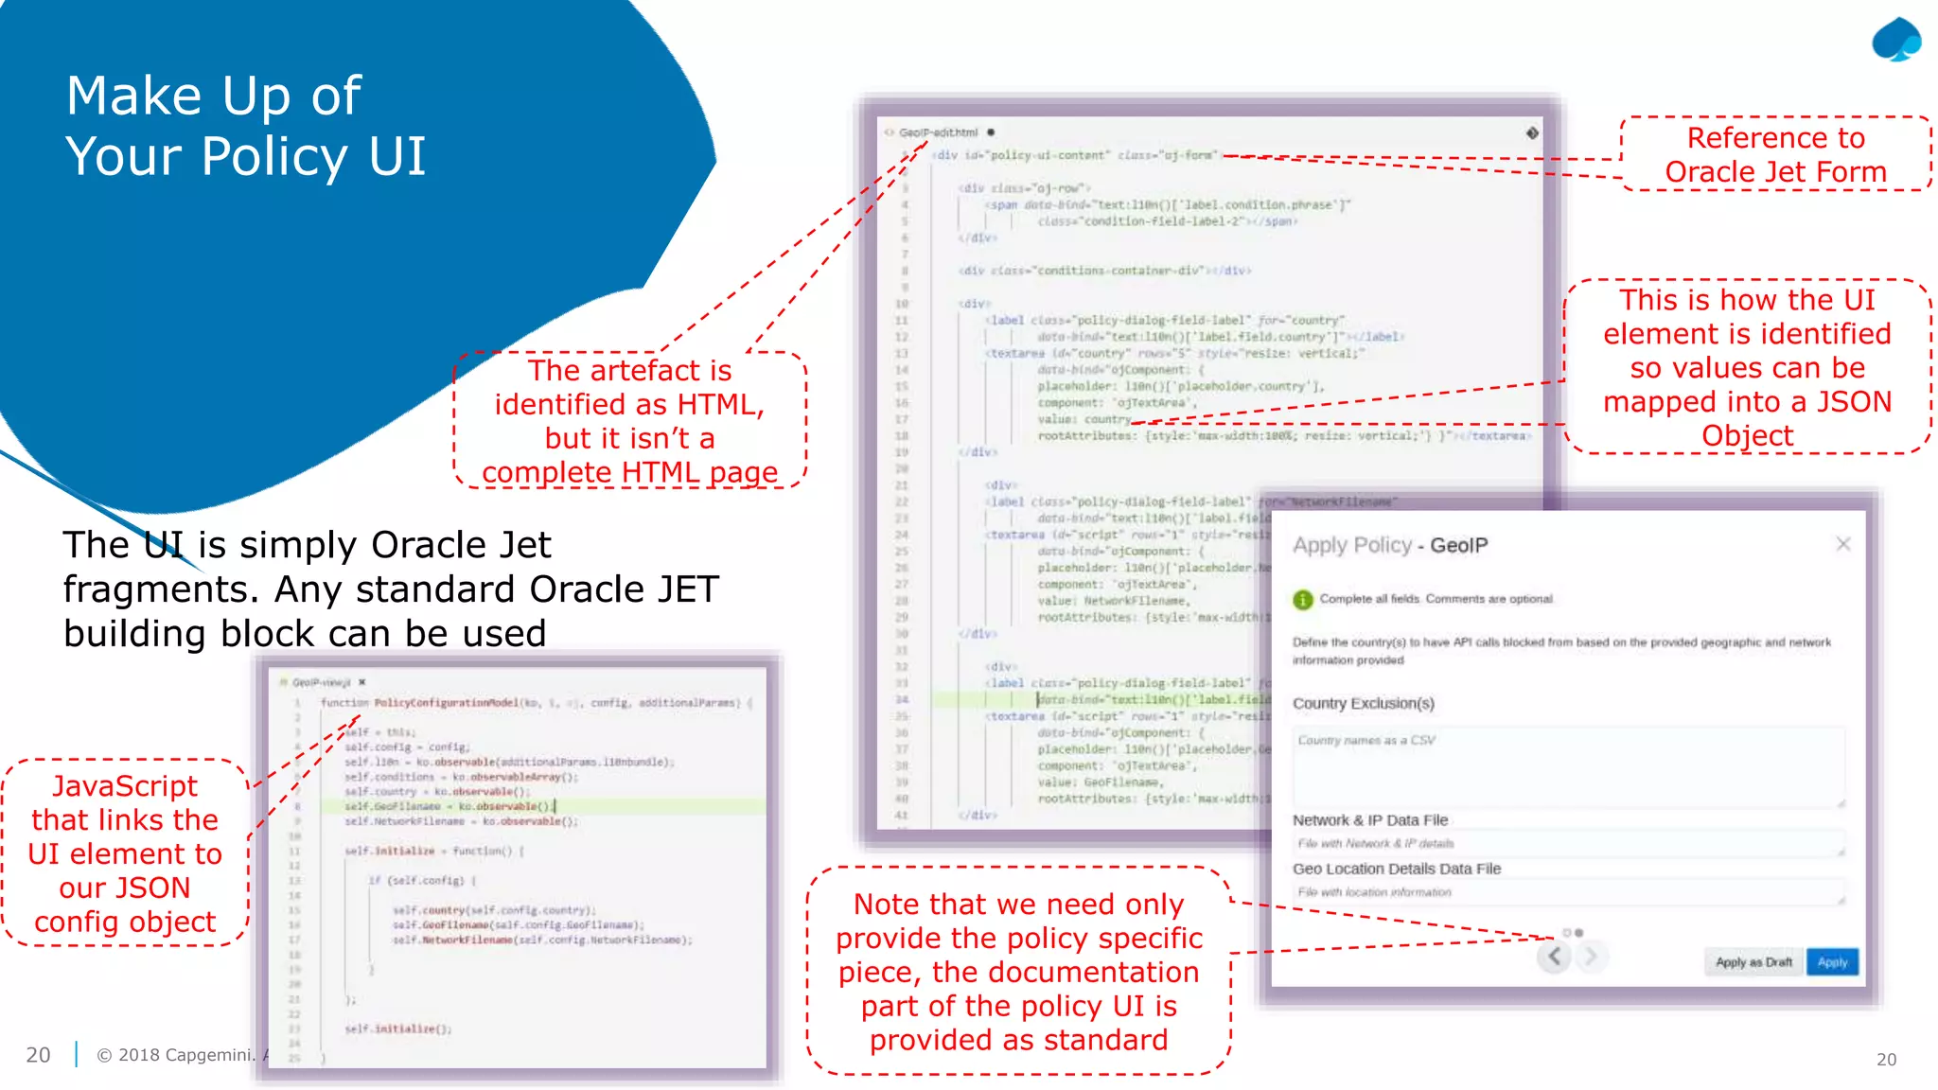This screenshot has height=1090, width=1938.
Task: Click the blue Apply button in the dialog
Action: pos(1832,961)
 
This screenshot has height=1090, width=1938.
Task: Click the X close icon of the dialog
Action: pos(1842,544)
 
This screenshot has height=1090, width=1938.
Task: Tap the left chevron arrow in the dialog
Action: pos(1554,957)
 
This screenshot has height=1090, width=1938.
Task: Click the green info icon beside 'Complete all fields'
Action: pos(1303,599)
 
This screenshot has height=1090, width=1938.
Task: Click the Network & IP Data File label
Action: pos(1369,820)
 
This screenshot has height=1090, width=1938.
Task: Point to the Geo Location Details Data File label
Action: pos(1396,869)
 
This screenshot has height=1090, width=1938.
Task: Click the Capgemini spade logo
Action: pos(1895,41)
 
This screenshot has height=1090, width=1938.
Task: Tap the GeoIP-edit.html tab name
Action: pos(938,132)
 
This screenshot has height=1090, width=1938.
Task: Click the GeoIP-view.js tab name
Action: pos(321,682)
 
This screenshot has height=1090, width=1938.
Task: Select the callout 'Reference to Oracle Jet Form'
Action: pos(1775,154)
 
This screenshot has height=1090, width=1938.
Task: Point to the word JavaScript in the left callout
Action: pos(125,786)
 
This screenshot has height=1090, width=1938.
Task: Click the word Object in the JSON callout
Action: pos(1747,436)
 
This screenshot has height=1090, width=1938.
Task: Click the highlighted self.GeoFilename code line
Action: pos(448,806)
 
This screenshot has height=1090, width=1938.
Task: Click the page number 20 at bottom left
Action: pos(38,1055)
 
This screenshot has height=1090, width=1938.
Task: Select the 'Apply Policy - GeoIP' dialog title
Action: pos(1389,545)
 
